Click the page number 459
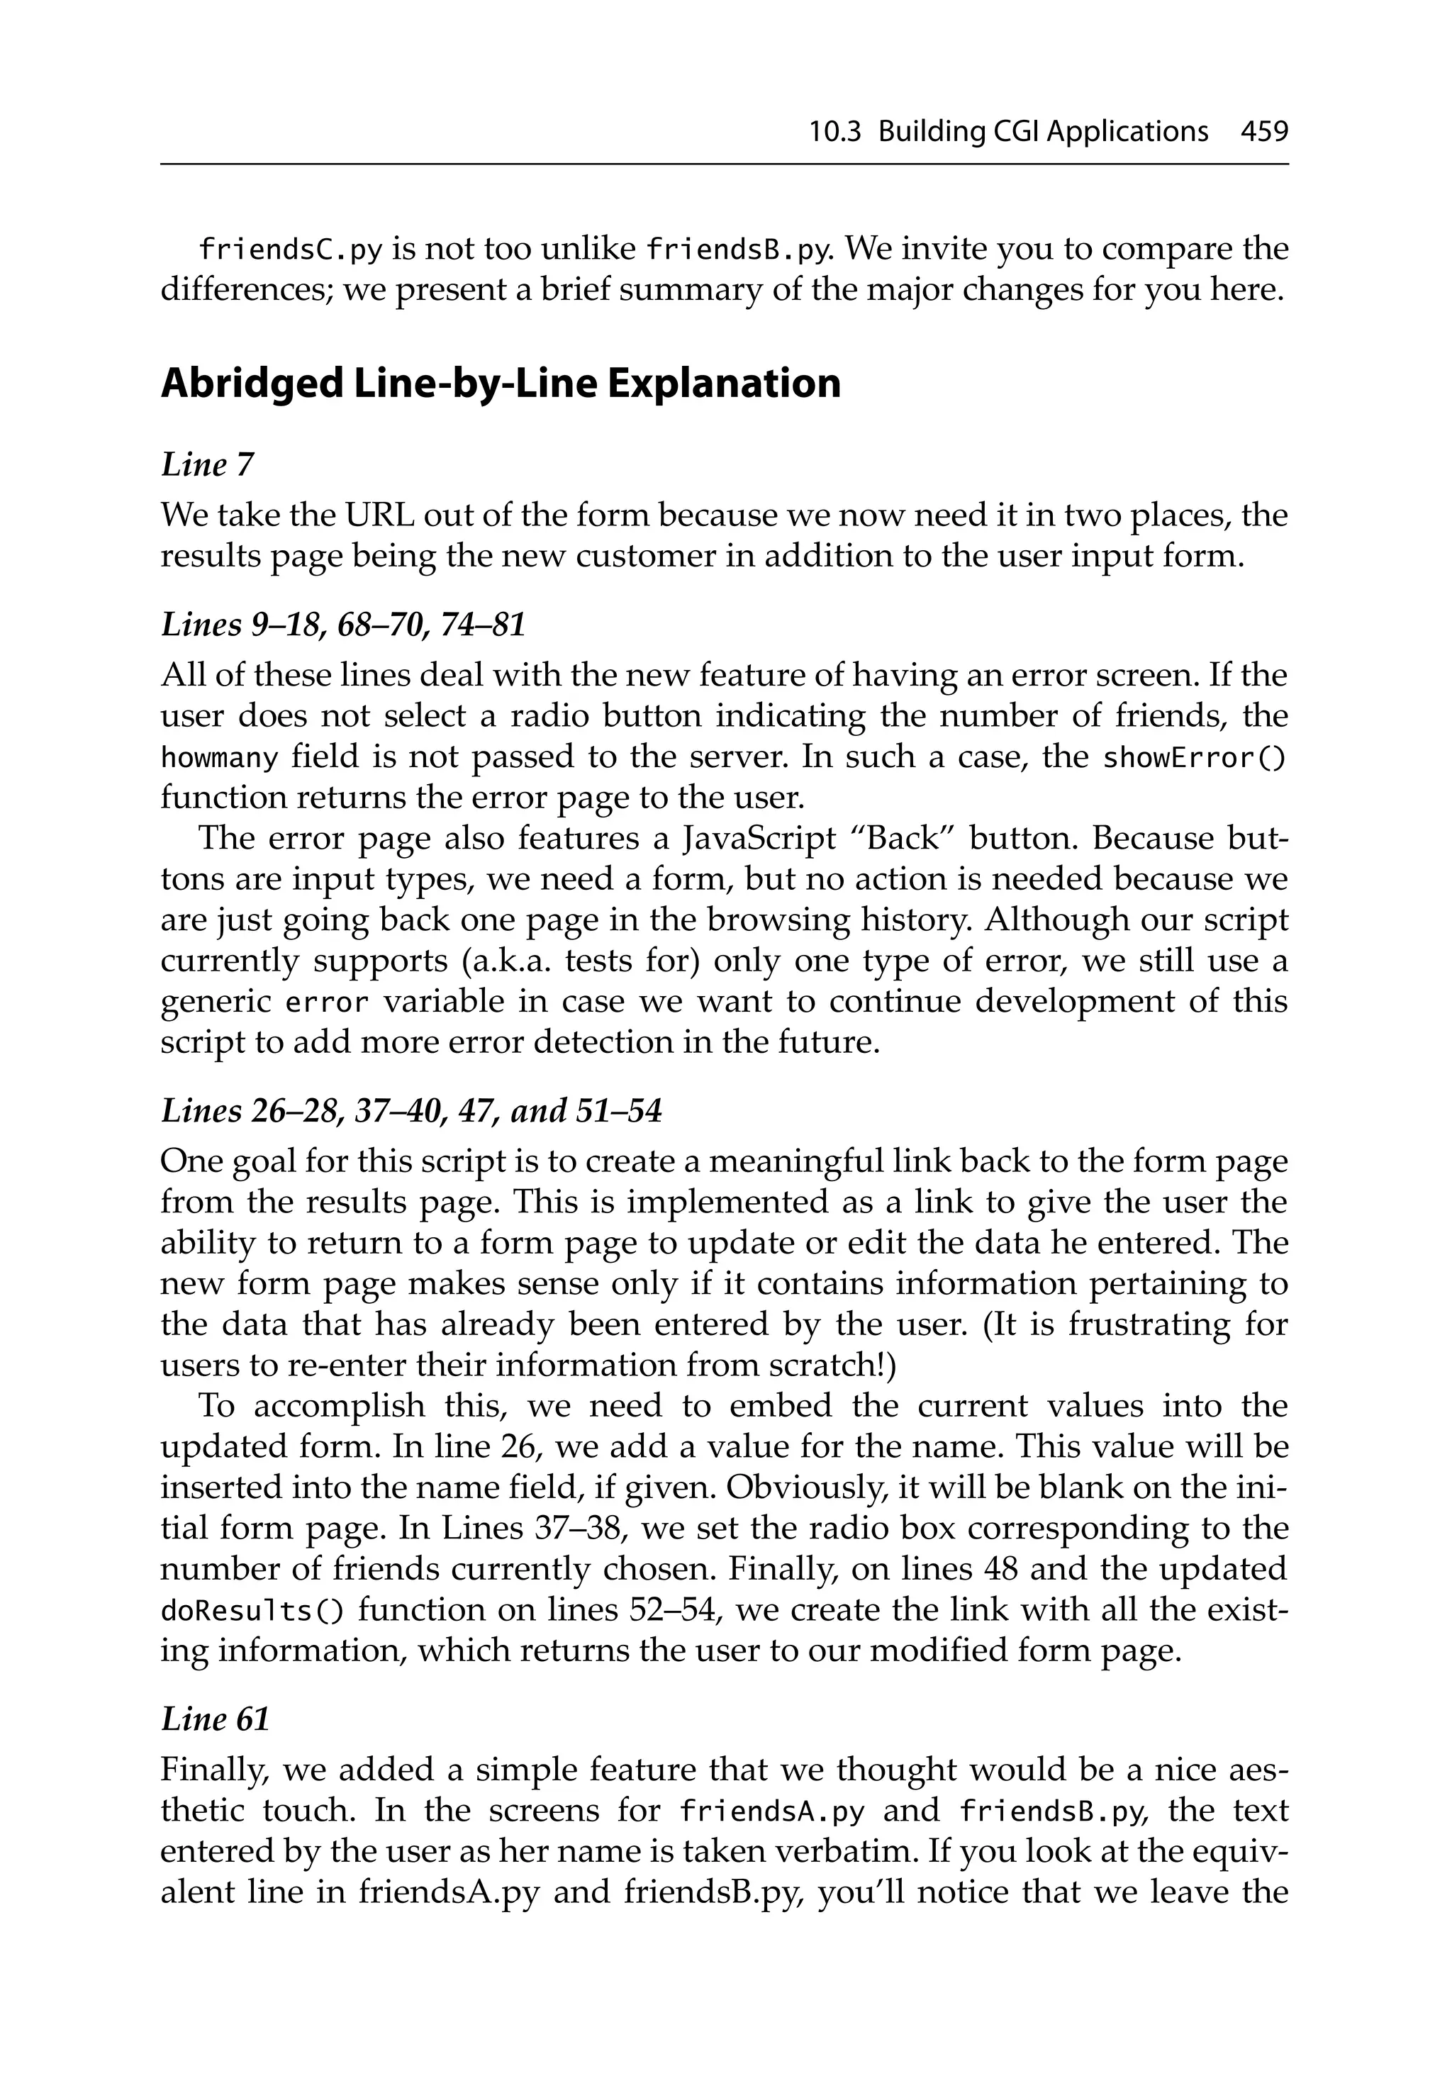click(1263, 133)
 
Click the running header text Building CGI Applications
click(1043, 133)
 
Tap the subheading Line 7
click(207, 465)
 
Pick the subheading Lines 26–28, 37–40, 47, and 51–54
click(411, 1110)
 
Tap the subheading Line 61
click(215, 1719)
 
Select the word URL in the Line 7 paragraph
click(379, 515)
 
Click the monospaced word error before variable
click(327, 1003)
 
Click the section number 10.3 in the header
click(834, 133)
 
